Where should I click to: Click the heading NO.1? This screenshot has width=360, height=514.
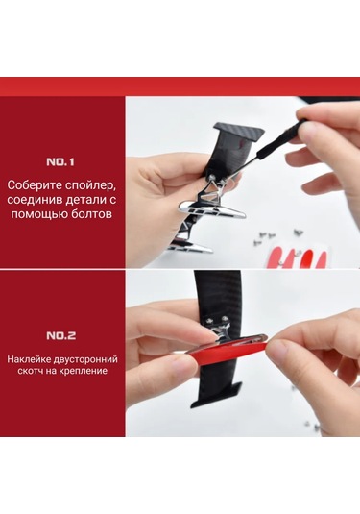(60, 162)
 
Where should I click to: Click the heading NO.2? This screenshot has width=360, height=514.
(60, 335)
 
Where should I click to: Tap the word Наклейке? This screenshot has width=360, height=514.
(26, 359)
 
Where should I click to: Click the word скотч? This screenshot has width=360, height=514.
(30, 371)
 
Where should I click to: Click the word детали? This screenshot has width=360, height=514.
(85, 200)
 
